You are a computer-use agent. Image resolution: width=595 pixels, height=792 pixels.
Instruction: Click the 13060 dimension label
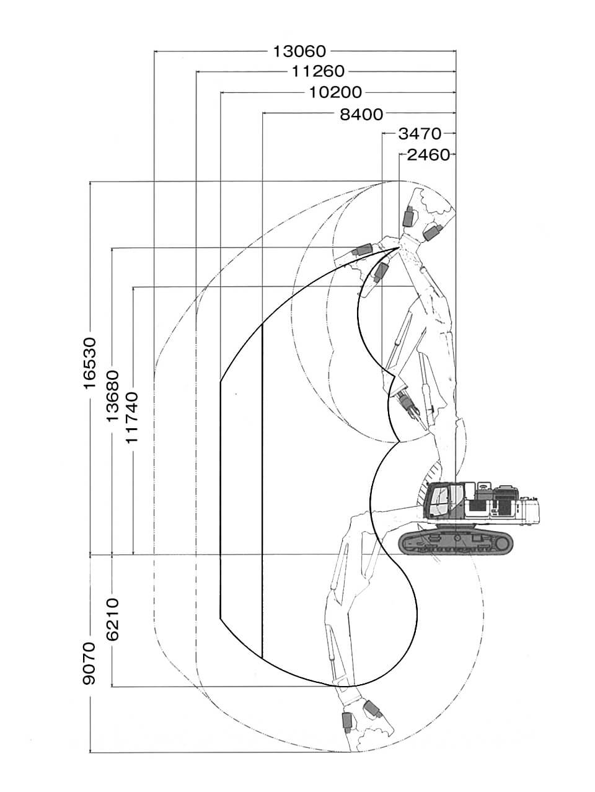299,51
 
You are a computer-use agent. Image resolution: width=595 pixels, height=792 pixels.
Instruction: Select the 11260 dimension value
318,72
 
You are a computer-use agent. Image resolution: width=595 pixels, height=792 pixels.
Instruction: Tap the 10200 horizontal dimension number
335,93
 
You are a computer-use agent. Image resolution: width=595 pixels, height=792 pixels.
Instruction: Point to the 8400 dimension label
361,113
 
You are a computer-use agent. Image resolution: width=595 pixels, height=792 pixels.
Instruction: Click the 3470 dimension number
419,133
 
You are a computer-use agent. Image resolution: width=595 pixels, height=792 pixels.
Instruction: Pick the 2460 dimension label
428,154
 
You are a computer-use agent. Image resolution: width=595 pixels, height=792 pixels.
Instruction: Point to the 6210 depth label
112,620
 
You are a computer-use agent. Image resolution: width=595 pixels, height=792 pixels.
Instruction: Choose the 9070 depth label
90,663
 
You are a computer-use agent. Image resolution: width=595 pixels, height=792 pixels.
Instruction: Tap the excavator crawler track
457,542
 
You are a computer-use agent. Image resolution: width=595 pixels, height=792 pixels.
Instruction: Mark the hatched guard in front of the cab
421,496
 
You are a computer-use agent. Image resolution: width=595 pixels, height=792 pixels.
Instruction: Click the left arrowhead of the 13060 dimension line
155,51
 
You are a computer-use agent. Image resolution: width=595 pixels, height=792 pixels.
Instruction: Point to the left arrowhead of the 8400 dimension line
264,113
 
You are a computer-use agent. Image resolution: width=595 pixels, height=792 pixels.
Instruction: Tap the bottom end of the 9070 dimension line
90,752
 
